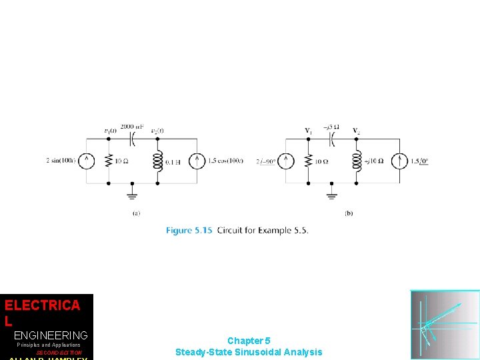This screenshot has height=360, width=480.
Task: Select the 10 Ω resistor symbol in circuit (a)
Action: pyautogui.click(x=109, y=161)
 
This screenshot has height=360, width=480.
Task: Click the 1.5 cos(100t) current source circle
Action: pyautogui.click(x=197, y=161)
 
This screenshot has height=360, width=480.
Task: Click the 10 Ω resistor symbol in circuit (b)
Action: pyautogui.click(x=308, y=161)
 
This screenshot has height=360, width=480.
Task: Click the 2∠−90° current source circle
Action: pyautogui.click(x=285, y=161)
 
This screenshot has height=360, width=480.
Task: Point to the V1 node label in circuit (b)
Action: pyautogui.click(x=308, y=131)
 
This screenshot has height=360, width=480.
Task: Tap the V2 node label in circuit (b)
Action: pyautogui.click(x=356, y=131)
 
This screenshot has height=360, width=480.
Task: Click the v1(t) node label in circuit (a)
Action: pyautogui.click(x=110, y=131)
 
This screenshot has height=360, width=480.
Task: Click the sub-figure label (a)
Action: pyautogui.click(x=136, y=213)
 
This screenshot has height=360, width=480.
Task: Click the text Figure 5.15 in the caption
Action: pyautogui.click(x=189, y=231)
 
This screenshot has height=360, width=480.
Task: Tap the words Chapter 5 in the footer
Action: pyautogui.click(x=249, y=341)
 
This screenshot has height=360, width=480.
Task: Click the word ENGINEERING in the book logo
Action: pyautogui.click(x=51, y=335)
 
